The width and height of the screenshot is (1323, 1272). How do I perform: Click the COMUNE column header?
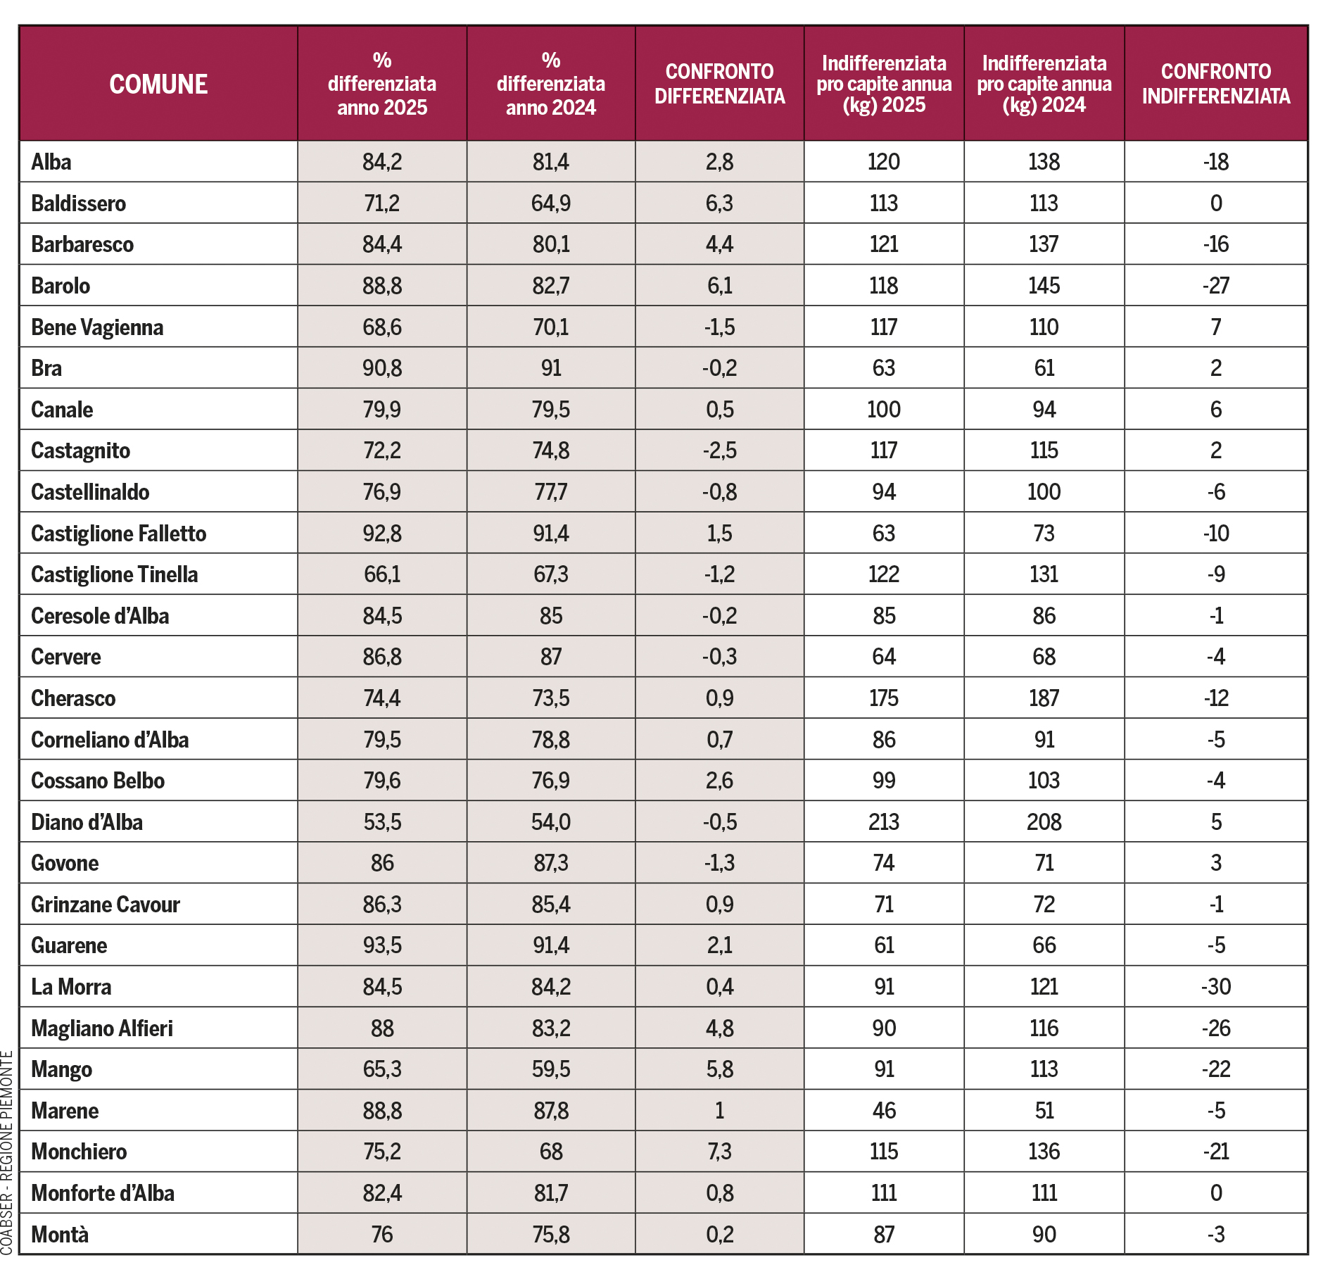(x=158, y=84)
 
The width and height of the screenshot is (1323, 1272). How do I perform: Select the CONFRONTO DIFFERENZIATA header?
(x=719, y=84)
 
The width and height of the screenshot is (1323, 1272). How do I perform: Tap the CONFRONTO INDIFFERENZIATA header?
(x=1216, y=84)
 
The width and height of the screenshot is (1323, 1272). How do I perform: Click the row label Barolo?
(x=61, y=286)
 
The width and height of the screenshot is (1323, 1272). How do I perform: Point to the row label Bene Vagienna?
(x=97, y=327)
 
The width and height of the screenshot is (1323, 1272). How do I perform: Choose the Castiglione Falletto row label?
(x=118, y=534)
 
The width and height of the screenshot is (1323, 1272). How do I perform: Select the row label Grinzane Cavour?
(x=106, y=905)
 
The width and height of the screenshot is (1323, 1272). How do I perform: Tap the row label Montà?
(x=60, y=1235)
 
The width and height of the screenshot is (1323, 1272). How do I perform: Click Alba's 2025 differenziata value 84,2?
(x=382, y=162)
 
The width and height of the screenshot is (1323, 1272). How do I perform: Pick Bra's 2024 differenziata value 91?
(x=551, y=368)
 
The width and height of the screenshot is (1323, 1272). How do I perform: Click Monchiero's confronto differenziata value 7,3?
(x=719, y=1152)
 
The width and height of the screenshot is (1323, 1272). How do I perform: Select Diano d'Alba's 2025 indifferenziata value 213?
(x=884, y=821)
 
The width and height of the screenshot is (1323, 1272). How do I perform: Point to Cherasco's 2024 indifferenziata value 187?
(x=1044, y=698)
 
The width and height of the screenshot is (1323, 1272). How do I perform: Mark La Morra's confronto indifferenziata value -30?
(x=1216, y=987)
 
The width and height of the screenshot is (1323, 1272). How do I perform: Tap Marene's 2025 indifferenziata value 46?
(x=884, y=1111)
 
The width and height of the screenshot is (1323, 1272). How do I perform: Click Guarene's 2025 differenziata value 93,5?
(x=382, y=945)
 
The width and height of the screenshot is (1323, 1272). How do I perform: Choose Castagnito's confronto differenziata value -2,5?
(x=719, y=451)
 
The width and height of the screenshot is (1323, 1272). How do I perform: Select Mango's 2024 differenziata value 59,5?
(x=551, y=1069)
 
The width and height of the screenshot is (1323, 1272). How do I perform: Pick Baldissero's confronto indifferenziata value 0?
(x=1216, y=203)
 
